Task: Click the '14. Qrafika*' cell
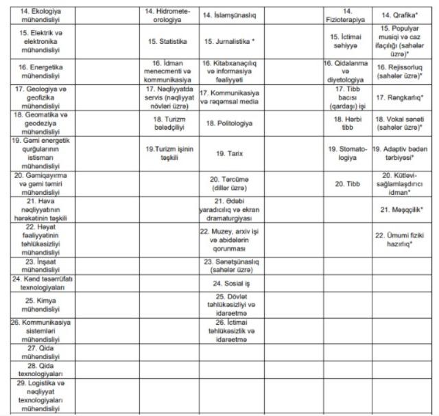pos(398,14)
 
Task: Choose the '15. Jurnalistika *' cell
pos(230,41)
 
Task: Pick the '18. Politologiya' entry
pos(230,123)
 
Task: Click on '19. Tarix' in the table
pos(230,154)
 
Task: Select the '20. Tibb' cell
pos(347,184)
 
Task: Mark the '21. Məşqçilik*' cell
pos(398,209)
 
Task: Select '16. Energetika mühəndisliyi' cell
pos(36,71)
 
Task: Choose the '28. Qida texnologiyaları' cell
pos(36,369)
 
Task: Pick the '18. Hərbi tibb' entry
pos(347,124)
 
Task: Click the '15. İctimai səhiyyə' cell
pos(347,41)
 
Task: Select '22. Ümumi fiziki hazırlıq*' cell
pos(398,239)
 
